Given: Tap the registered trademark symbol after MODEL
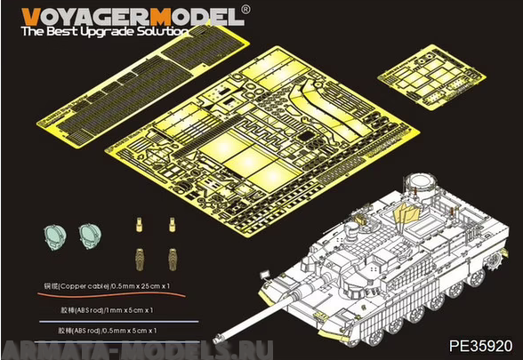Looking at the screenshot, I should pyautogui.click(x=246, y=9).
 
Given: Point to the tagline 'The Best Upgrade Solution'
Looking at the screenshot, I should pyautogui.click(x=105, y=31).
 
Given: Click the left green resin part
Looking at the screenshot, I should pyautogui.click(x=55, y=236).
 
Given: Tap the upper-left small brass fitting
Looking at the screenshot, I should pyautogui.click(x=140, y=222).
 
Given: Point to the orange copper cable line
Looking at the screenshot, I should pyautogui.click(x=107, y=296).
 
